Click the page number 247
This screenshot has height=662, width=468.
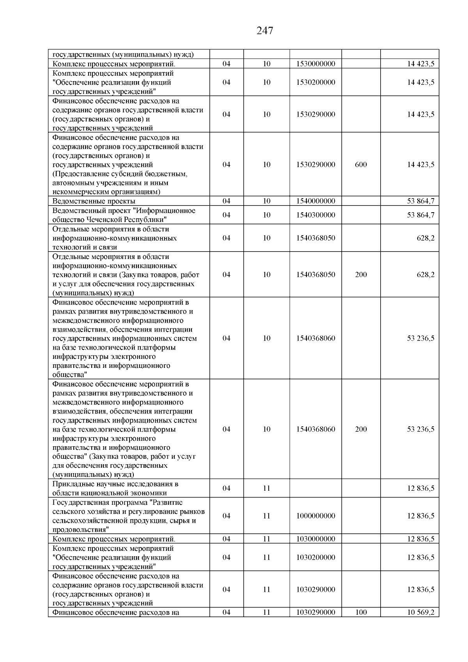tap(265, 30)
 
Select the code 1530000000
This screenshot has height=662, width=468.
tap(316, 64)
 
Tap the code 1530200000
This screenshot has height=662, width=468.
tap(316, 82)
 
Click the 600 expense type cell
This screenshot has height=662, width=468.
tap(361, 165)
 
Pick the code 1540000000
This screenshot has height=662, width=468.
tap(316, 201)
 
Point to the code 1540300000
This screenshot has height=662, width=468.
tap(316, 215)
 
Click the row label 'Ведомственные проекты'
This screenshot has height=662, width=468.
tap(94, 201)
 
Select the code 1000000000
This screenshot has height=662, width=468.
tap(316, 516)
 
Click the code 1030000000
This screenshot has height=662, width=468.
tap(316, 539)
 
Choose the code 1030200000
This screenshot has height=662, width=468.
tap(316, 557)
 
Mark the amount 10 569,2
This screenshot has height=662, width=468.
tap(421, 612)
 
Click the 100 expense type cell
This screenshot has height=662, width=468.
tap(361, 612)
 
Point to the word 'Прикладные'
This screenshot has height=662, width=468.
tap(71, 484)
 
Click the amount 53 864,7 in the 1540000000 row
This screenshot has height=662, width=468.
tap(421, 201)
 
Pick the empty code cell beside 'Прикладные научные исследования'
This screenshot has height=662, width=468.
tap(316, 488)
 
